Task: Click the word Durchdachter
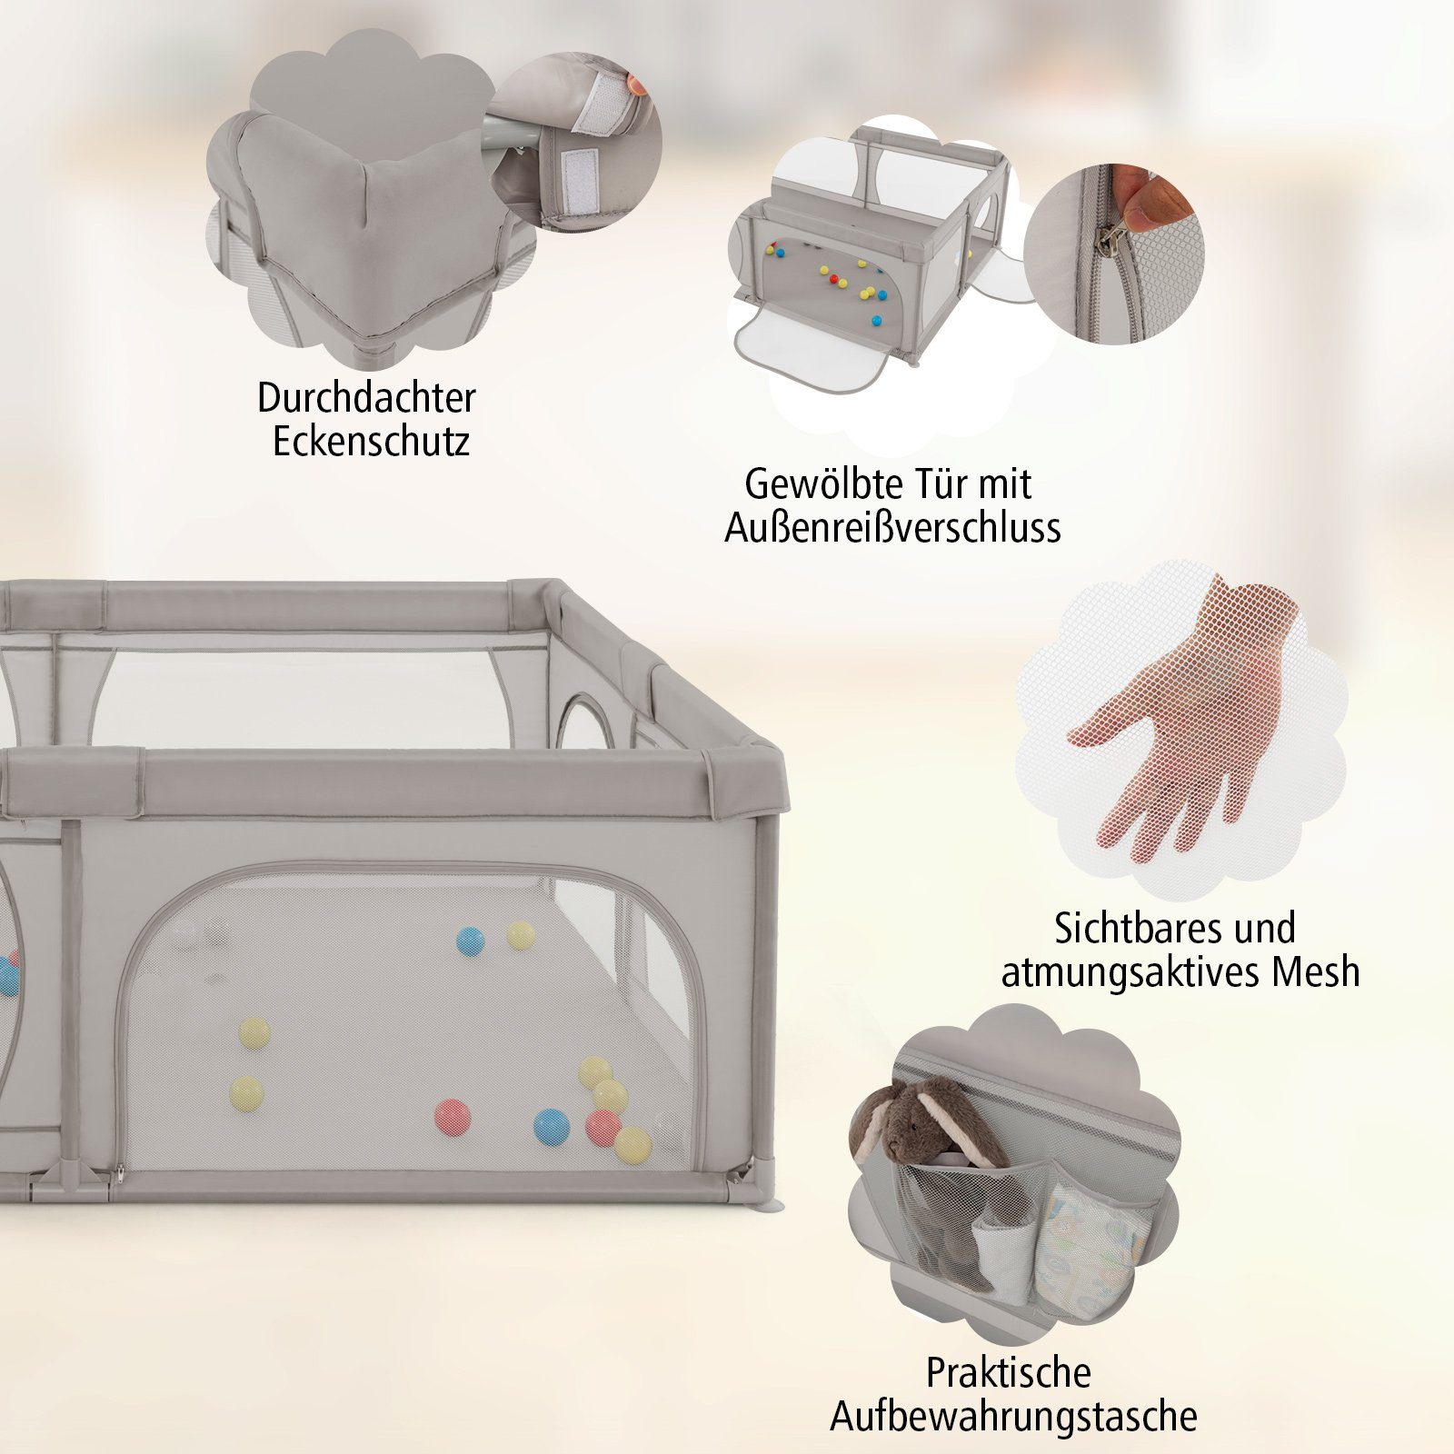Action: point(366,397)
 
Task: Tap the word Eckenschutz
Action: point(371,442)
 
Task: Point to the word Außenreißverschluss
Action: point(892,528)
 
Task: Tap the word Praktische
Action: point(1008,1372)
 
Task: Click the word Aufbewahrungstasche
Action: point(1013,1417)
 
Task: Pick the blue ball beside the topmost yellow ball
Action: point(470,941)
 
